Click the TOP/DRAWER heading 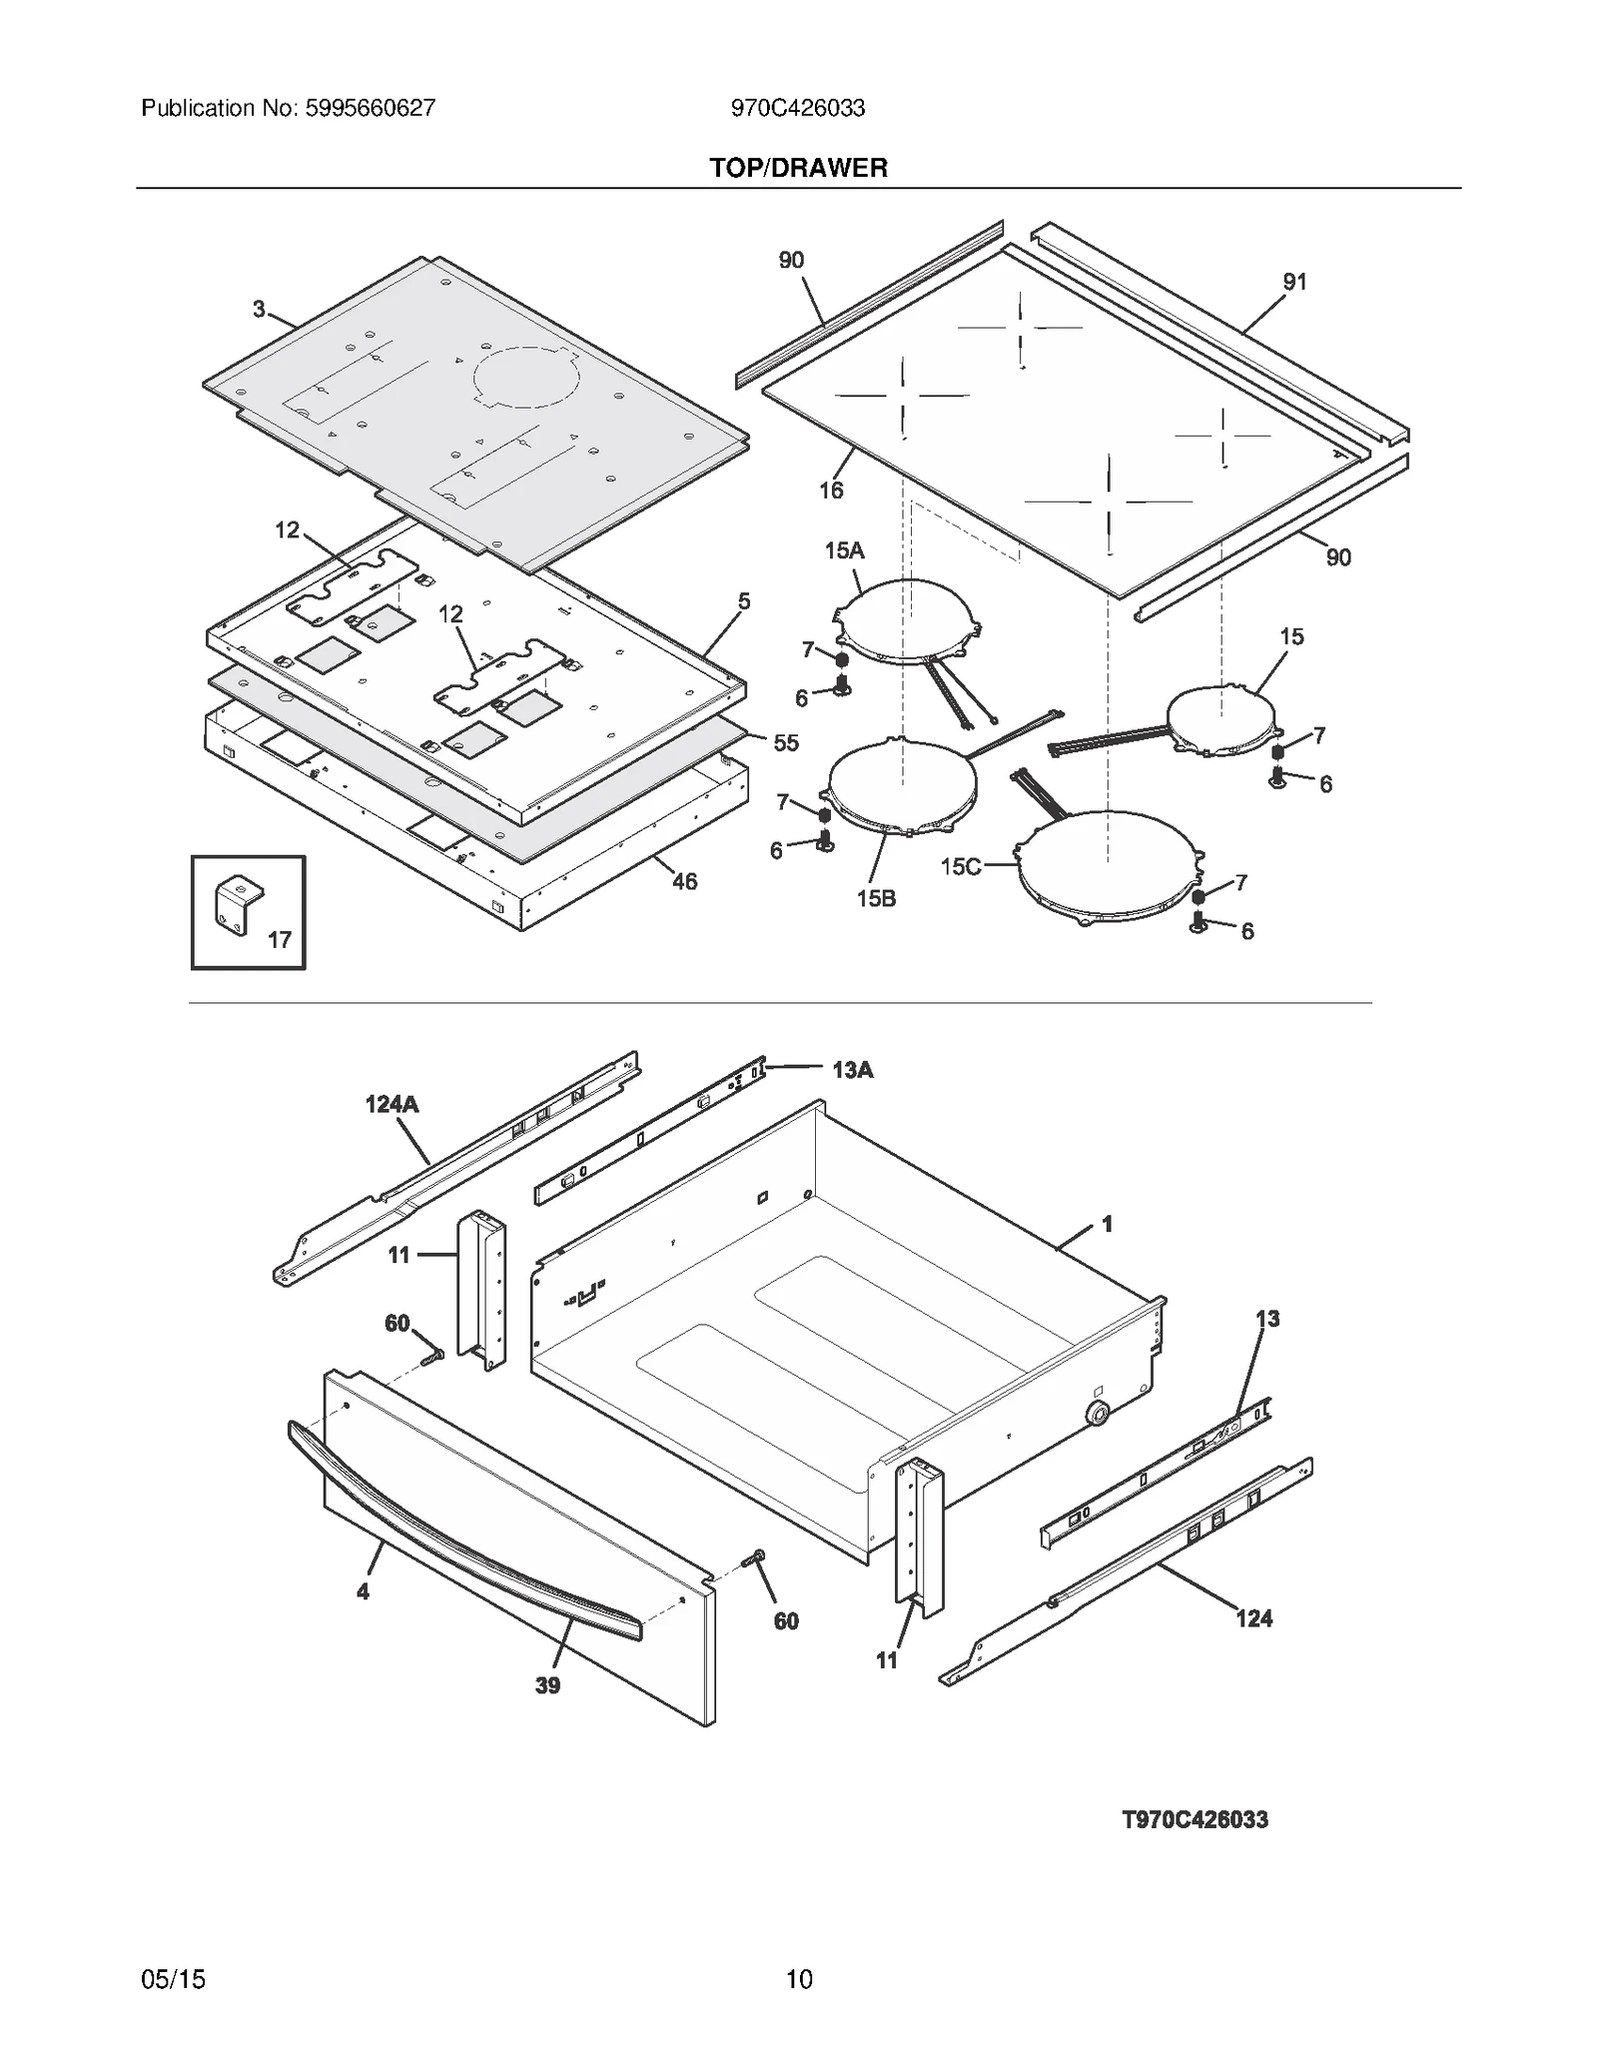pos(798,168)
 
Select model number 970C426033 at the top pos(797,108)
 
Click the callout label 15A pos(844,550)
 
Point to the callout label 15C pos(960,866)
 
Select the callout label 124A pos(392,1104)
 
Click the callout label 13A pos(852,1070)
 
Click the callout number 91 pos(1294,282)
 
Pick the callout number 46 pos(684,881)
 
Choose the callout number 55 pos(786,742)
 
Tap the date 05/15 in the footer pos(173,1979)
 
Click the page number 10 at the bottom pos(798,1979)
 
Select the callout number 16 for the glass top pos(830,490)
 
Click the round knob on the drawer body pos(1098,1413)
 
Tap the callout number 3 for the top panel pos(259,310)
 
